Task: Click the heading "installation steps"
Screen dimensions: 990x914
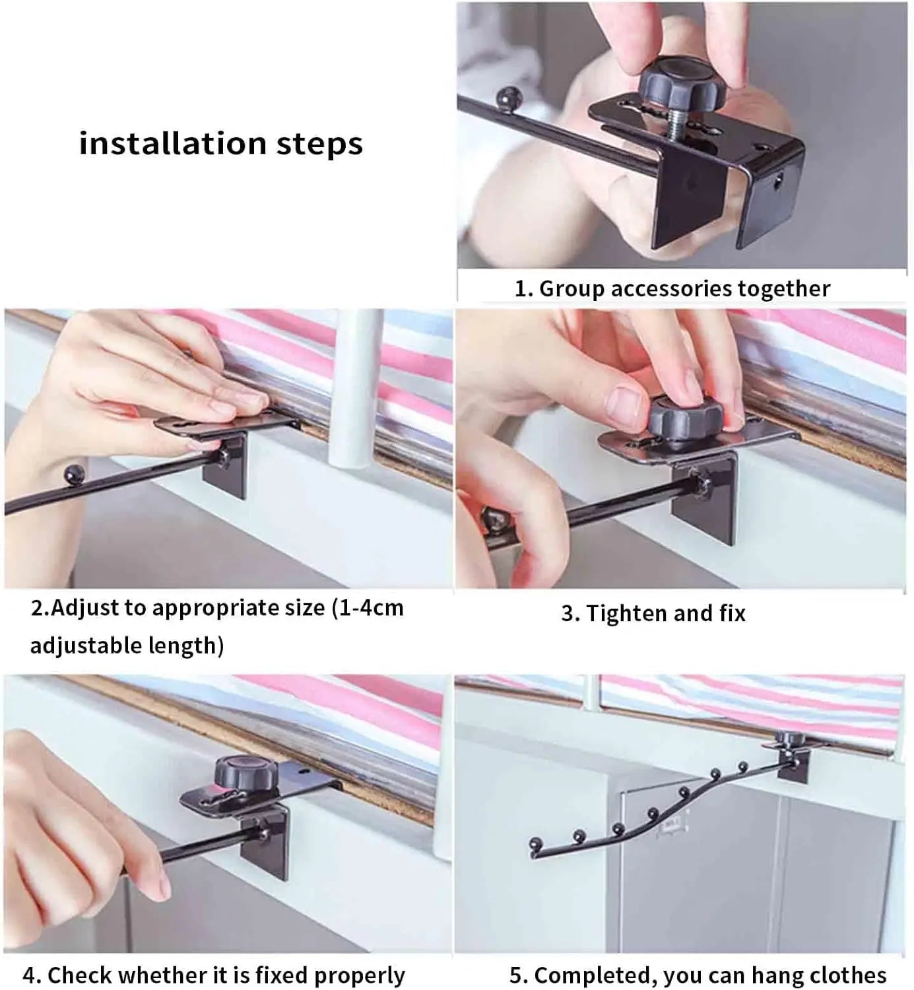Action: pyautogui.click(x=221, y=143)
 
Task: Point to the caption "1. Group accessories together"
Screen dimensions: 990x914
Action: pyautogui.click(x=672, y=288)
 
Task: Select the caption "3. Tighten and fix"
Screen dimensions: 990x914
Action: pyautogui.click(x=653, y=613)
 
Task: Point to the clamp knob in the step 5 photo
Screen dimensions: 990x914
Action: pyautogui.click(x=786, y=737)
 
